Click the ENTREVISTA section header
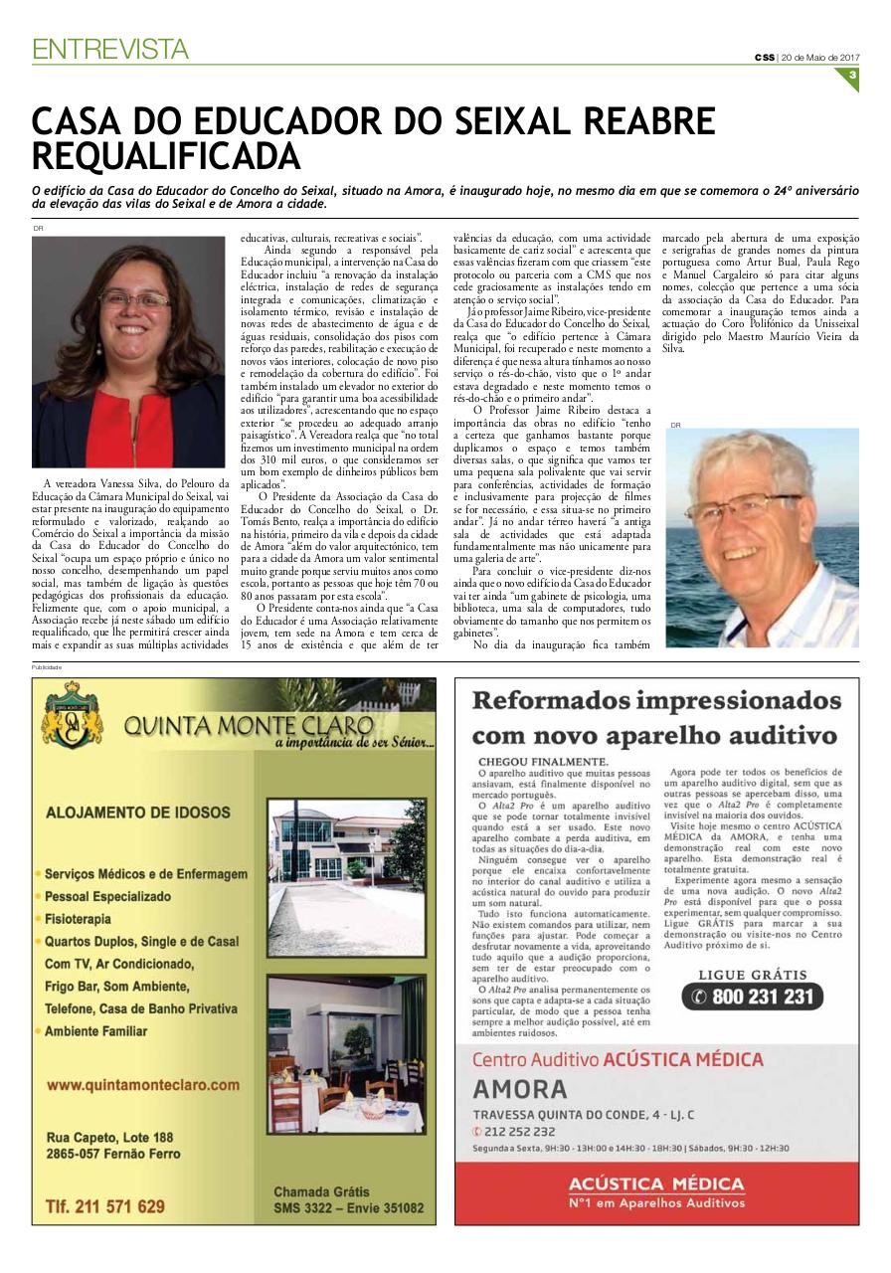(110, 49)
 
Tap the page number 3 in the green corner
(852, 77)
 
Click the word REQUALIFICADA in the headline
(167, 157)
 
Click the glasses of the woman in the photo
(133, 299)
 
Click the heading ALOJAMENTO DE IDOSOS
(138, 813)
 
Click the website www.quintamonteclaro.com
(143, 1085)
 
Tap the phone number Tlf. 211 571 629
(105, 1206)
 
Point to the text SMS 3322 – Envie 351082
(348, 1208)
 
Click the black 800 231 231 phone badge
(753, 997)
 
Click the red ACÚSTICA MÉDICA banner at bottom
(656, 1190)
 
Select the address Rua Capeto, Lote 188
(110, 1137)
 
